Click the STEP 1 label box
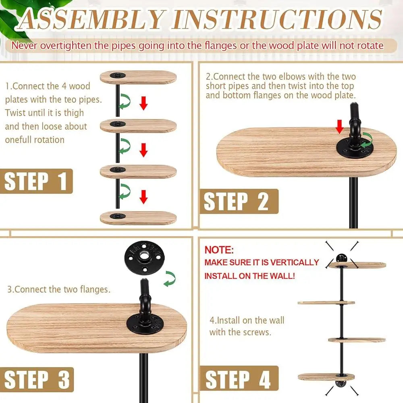click(36, 181)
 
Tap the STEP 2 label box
click(239, 201)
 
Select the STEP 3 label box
click(37, 379)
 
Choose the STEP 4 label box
click(239, 378)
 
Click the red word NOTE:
click(219, 250)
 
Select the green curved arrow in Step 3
click(170, 278)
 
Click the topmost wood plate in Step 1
click(138, 77)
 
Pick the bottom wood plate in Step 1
click(138, 218)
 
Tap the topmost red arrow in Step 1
click(143, 103)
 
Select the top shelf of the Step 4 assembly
click(357, 265)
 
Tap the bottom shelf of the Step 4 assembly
click(326, 377)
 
